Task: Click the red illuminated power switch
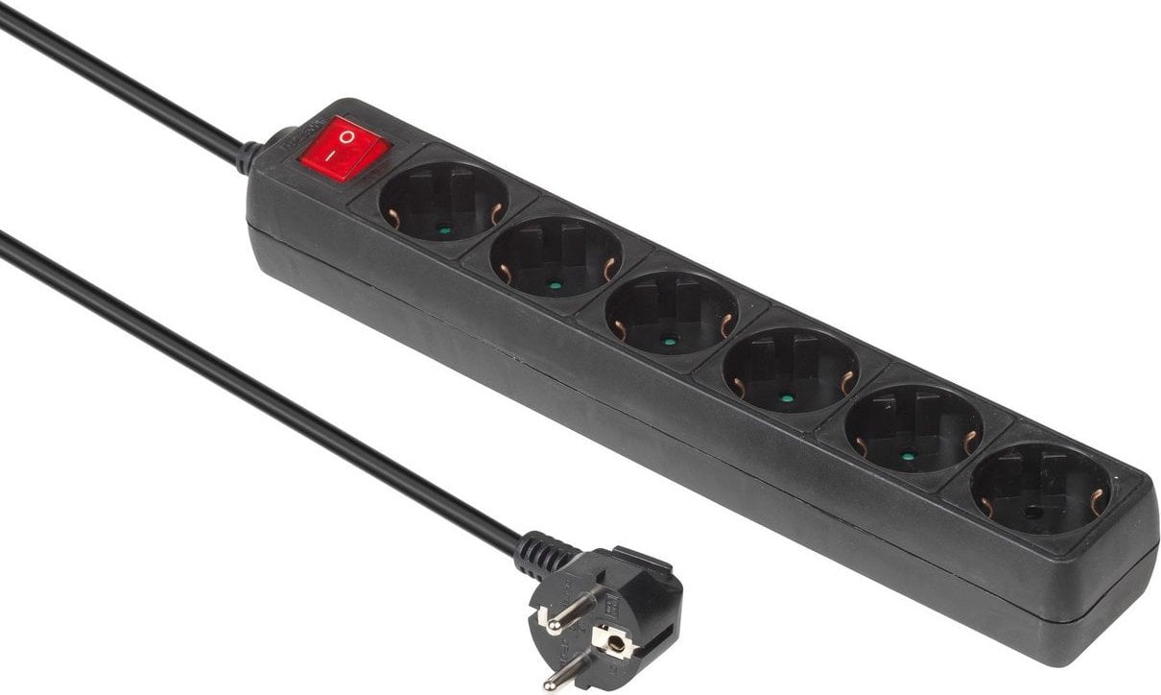[x=344, y=149]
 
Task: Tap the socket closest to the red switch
[x=442, y=202]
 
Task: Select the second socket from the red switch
[x=555, y=256]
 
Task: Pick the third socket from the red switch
[x=671, y=312]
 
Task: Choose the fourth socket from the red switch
[x=789, y=371]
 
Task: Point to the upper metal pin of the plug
[x=566, y=611]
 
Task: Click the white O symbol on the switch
[x=347, y=136]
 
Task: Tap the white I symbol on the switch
[x=329, y=154]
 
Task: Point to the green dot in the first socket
[x=443, y=230]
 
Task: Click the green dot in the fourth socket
[x=787, y=397]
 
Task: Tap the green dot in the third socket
[x=669, y=340]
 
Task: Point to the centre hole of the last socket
[x=1032, y=513]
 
